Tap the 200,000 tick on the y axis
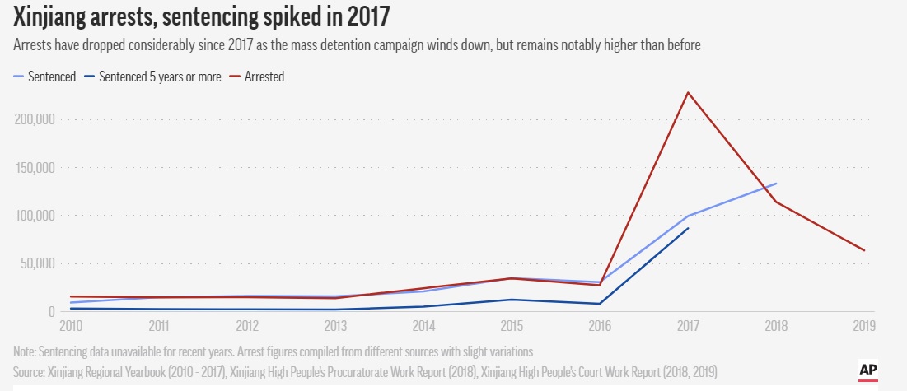(x=35, y=119)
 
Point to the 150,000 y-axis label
(x=35, y=168)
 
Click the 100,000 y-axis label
(x=35, y=216)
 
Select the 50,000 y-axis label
(x=37, y=264)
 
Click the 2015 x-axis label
(x=512, y=326)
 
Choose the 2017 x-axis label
(x=687, y=326)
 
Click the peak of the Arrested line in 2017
(x=688, y=92)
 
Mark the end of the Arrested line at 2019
(x=864, y=250)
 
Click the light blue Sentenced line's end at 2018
(x=776, y=184)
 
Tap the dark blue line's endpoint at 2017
(x=688, y=228)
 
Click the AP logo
(x=867, y=370)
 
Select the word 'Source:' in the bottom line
(x=32, y=373)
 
